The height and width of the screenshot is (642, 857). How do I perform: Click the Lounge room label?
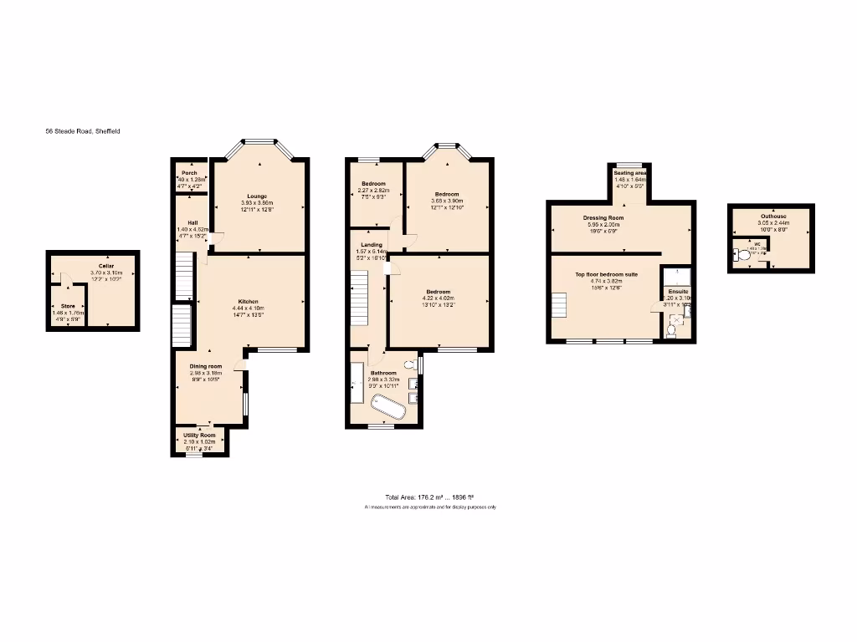pyautogui.click(x=257, y=196)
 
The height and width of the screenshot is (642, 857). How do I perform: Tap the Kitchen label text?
pyautogui.click(x=248, y=301)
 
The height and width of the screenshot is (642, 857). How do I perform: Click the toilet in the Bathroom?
pyautogui.click(x=409, y=364)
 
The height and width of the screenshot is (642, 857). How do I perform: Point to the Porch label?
pyautogui.click(x=190, y=173)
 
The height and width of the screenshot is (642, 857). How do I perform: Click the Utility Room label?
pyautogui.click(x=200, y=435)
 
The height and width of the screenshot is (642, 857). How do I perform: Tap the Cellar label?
pyautogui.click(x=105, y=266)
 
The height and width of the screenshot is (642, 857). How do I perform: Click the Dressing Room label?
pyautogui.click(x=603, y=217)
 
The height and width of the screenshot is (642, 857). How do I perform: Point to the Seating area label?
pyautogui.click(x=630, y=173)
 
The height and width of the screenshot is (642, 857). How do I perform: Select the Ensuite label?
pyautogui.click(x=678, y=292)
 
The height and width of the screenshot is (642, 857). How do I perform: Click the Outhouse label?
pyautogui.click(x=772, y=216)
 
